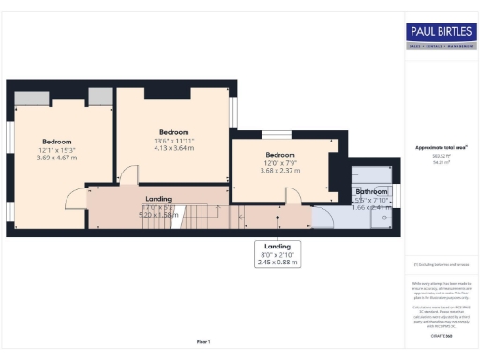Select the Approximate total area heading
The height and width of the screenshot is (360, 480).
coord(442,148)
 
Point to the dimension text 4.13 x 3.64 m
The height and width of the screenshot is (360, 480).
coord(174,148)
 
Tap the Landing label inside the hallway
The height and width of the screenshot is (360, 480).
coord(157,199)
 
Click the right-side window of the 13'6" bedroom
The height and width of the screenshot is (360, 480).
coord(233,113)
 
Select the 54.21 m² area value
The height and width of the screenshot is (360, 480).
coord(441,162)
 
